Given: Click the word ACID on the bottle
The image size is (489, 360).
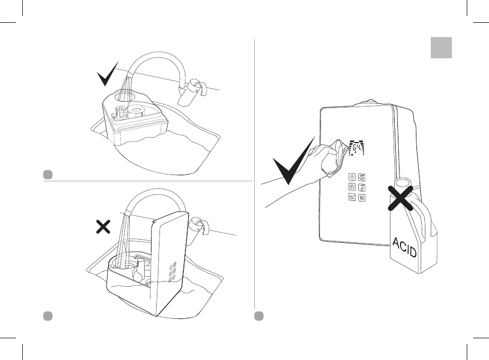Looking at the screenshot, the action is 405,247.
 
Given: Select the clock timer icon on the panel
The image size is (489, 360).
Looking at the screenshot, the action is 352,187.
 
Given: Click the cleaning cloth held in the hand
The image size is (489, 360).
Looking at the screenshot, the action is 331,157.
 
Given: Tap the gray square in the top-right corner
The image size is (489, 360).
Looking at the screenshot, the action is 440,47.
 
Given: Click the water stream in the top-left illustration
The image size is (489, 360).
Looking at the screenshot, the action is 126,85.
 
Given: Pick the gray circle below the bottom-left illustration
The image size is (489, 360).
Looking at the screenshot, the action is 47,315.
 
